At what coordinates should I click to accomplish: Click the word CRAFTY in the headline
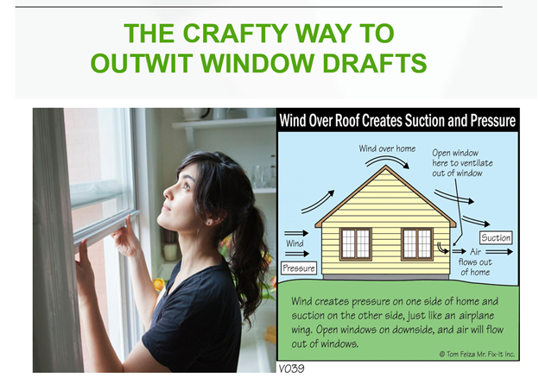235,34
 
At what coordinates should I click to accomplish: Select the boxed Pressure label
299,268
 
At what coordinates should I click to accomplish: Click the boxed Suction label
496,237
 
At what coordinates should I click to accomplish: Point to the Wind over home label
387,148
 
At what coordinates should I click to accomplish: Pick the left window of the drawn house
355,243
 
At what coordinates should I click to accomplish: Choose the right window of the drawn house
417,243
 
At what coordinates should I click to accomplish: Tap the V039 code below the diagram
291,369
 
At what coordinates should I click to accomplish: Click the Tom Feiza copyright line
477,354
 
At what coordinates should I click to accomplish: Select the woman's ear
210,220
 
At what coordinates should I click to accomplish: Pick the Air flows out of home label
475,262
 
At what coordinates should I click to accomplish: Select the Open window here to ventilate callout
462,163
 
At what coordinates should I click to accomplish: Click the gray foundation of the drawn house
385,277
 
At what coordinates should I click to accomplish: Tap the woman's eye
186,186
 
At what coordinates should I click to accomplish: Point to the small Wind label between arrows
295,243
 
